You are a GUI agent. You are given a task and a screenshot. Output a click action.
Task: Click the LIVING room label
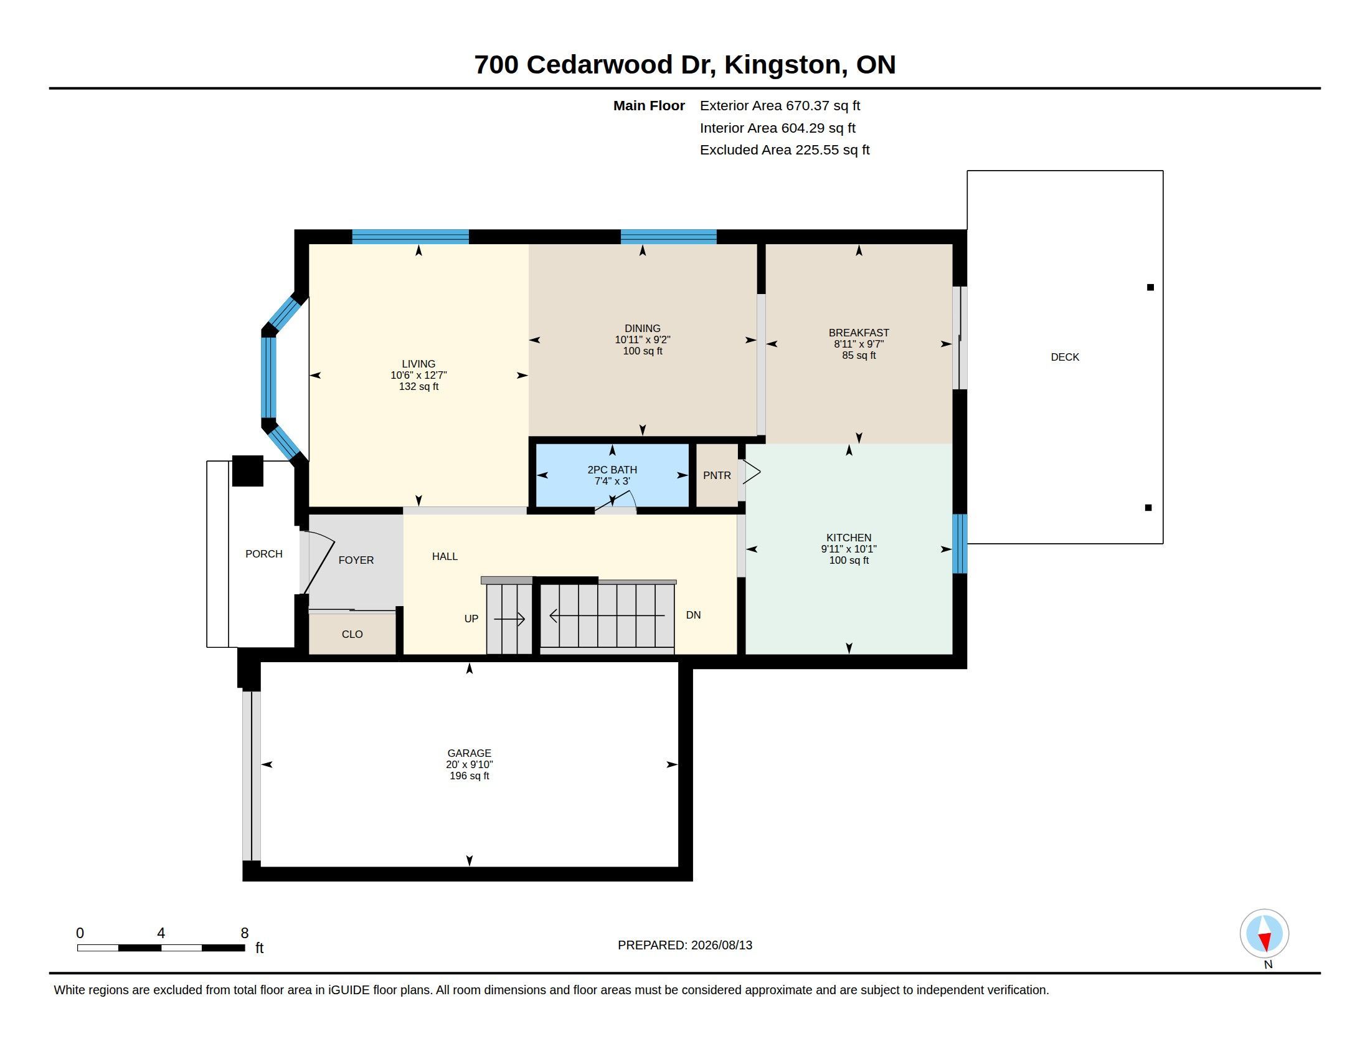pos(418,364)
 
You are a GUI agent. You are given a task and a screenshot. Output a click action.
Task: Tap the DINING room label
pos(643,328)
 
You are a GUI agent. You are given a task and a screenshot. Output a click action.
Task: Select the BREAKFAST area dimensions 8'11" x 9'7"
pos(859,344)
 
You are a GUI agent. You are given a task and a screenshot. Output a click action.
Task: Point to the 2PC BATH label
pos(612,470)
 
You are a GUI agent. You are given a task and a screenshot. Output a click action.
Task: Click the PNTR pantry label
pos(717,475)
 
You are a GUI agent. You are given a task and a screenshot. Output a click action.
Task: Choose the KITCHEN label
pos(849,538)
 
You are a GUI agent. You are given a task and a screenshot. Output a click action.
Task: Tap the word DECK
pos(1065,357)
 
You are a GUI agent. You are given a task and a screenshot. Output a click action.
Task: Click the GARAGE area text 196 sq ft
pos(469,776)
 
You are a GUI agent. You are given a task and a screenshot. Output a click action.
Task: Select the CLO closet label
pos(352,634)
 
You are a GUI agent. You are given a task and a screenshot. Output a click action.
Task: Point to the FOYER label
pos(356,560)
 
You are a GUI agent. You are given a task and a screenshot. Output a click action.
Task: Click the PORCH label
pos(264,554)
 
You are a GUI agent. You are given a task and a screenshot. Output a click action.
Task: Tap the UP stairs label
pos(471,619)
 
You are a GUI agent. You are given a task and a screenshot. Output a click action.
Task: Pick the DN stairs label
pos(693,615)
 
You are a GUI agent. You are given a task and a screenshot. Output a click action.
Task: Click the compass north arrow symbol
pos(1265,934)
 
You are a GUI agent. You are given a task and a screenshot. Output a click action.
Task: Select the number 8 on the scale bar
pos(245,933)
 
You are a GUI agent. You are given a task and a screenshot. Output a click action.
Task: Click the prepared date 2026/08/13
pos(721,945)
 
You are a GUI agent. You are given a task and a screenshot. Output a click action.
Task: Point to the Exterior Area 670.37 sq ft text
pos(780,106)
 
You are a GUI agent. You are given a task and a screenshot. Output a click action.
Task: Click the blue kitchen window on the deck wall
pos(960,544)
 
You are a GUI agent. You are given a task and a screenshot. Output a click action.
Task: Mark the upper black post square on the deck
pos(1150,287)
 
